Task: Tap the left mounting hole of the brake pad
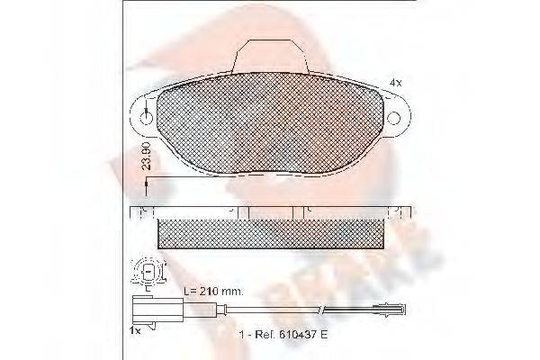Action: [x=147, y=115]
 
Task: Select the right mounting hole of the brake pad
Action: [x=393, y=116]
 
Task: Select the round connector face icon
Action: [x=148, y=270]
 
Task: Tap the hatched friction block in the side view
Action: [x=269, y=231]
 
